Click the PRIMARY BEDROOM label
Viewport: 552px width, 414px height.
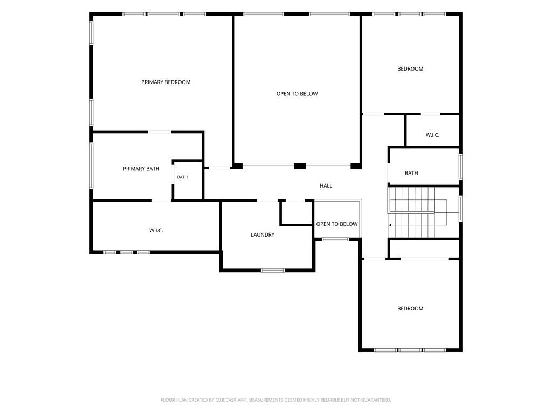tap(166, 82)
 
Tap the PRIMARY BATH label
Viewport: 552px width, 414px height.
tap(141, 169)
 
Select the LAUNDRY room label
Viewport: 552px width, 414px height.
tap(263, 235)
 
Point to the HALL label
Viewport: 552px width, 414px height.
tap(326, 185)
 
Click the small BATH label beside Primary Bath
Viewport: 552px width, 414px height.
tap(182, 177)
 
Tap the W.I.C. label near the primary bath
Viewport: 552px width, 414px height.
tap(156, 231)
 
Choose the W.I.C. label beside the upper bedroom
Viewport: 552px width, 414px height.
tap(432, 135)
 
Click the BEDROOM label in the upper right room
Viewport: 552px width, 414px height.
tap(410, 68)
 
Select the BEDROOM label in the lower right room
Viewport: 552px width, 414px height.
tap(410, 309)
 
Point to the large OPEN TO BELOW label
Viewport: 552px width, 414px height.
tap(297, 94)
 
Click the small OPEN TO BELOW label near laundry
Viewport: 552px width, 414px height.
tap(337, 224)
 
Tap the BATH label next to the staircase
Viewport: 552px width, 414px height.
tap(411, 173)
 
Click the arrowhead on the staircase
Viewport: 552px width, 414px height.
tap(390, 225)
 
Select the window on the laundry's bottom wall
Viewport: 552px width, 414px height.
tap(272, 271)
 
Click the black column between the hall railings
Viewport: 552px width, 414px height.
tap(300, 166)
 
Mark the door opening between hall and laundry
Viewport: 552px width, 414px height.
tap(267, 201)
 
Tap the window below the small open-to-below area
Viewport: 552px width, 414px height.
tap(335, 239)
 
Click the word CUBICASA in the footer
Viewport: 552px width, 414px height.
tap(226, 400)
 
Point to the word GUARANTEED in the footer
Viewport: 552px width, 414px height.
tap(377, 400)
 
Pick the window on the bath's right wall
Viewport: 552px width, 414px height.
tap(460, 167)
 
